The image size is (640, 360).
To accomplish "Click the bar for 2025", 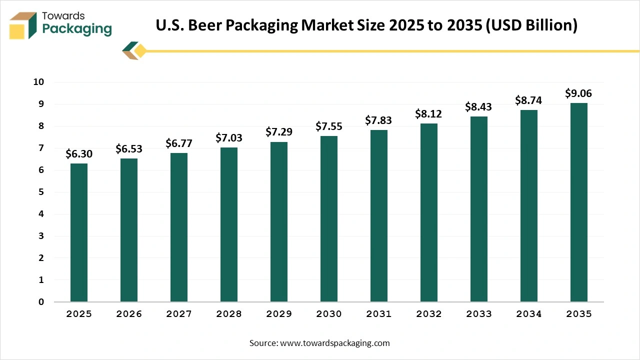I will [78, 232].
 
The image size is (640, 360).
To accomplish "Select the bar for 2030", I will [328, 219].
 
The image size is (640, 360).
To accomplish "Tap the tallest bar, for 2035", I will [578, 202].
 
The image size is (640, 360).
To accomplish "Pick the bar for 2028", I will [228, 224].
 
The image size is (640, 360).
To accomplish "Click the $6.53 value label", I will [129, 148].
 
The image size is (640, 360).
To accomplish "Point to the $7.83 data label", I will [378, 120].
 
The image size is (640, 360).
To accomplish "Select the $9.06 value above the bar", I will [578, 93].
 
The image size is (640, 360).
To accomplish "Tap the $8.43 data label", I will [478, 107].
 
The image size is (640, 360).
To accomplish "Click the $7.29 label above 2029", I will [278, 132].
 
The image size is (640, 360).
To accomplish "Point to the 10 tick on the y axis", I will [39, 82].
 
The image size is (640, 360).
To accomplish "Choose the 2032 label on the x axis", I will [428, 314].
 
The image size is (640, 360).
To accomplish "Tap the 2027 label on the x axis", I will [178, 314].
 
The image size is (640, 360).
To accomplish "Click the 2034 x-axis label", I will [528, 314].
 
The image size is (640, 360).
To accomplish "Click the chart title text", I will [366, 25].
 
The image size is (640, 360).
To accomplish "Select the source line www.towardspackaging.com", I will [319, 343].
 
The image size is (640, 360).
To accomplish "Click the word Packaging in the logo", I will [77, 29].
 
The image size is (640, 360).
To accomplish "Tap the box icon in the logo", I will [23, 25].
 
